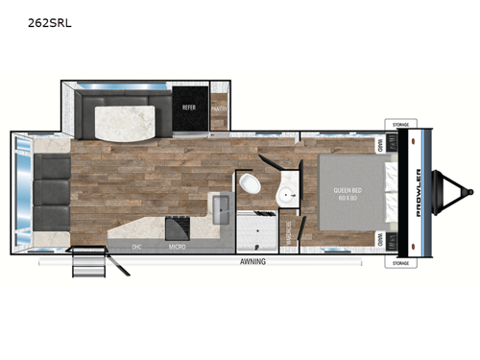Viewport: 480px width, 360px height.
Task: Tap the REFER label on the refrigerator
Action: pyautogui.click(x=189, y=108)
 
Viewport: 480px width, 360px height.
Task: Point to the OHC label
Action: pyautogui.click(x=137, y=247)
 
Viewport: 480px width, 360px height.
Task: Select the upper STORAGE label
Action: pyautogui.click(x=402, y=124)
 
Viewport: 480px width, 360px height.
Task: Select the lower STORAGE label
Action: pyautogui.click(x=402, y=261)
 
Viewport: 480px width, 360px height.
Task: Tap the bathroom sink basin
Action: pyautogui.click(x=286, y=197)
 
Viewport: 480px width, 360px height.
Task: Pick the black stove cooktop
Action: pyautogui.click(x=177, y=228)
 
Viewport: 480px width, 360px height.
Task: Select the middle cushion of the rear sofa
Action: pyautogui.click(x=52, y=191)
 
